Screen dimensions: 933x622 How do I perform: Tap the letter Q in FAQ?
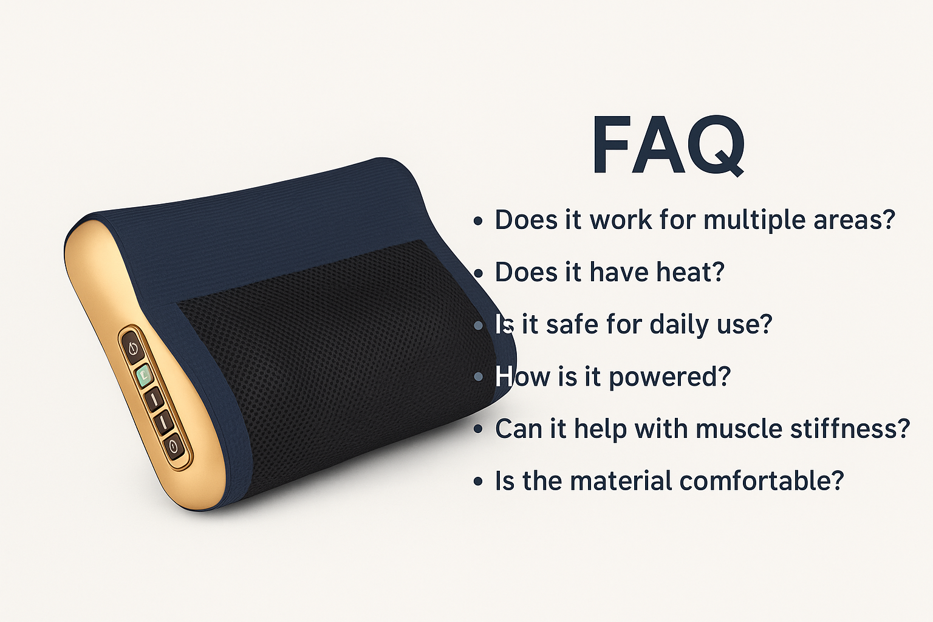(715, 146)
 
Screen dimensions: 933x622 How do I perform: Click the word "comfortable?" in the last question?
(762, 480)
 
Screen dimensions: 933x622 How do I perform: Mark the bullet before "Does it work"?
(478, 221)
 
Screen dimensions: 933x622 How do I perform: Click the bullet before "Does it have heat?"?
(478, 273)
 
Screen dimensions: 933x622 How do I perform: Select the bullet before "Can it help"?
(478, 429)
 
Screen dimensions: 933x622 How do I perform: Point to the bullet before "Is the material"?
(478, 482)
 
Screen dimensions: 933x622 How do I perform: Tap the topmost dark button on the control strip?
(133, 348)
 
